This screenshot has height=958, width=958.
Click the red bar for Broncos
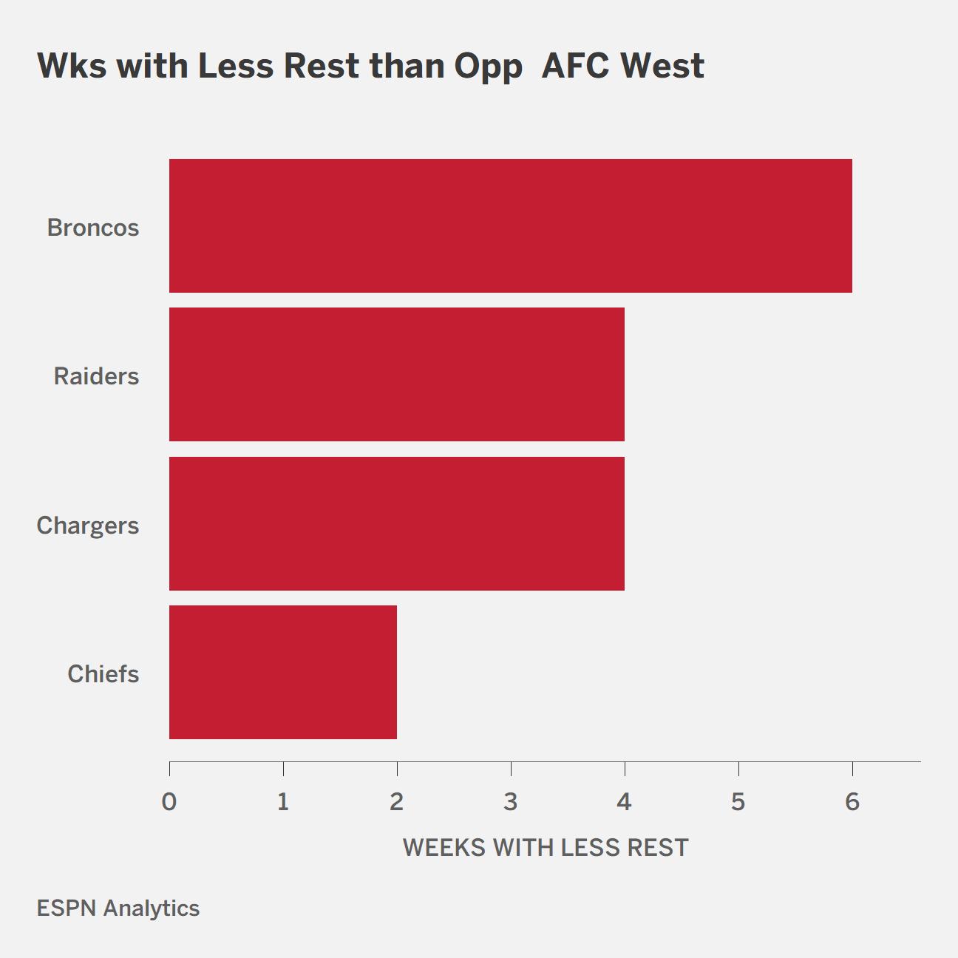coord(511,225)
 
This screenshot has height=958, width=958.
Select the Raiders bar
coord(397,374)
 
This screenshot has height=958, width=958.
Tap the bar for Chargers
coord(397,523)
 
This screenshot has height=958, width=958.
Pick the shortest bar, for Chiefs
coord(283,672)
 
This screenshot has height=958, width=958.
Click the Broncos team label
coord(93,228)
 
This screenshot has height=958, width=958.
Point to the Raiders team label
coord(96,376)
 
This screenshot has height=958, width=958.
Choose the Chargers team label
coord(88,526)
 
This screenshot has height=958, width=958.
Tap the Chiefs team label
coord(103,674)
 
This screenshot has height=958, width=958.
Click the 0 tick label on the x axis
coord(169,802)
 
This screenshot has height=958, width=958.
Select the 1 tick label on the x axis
coord(283,802)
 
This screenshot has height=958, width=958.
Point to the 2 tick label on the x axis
coord(397,802)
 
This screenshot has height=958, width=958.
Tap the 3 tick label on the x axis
coord(511,802)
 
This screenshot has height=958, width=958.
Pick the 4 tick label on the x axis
coord(625,802)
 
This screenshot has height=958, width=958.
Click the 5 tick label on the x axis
coord(738,802)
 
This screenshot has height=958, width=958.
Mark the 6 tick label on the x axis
coord(852,802)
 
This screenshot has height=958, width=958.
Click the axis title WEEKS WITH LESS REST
coord(546,848)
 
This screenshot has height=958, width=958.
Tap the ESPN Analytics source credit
coord(118,908)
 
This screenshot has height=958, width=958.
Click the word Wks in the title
coord(72,66)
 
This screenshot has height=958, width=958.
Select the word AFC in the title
coord(574,66)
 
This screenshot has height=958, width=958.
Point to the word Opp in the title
coord(488,67)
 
